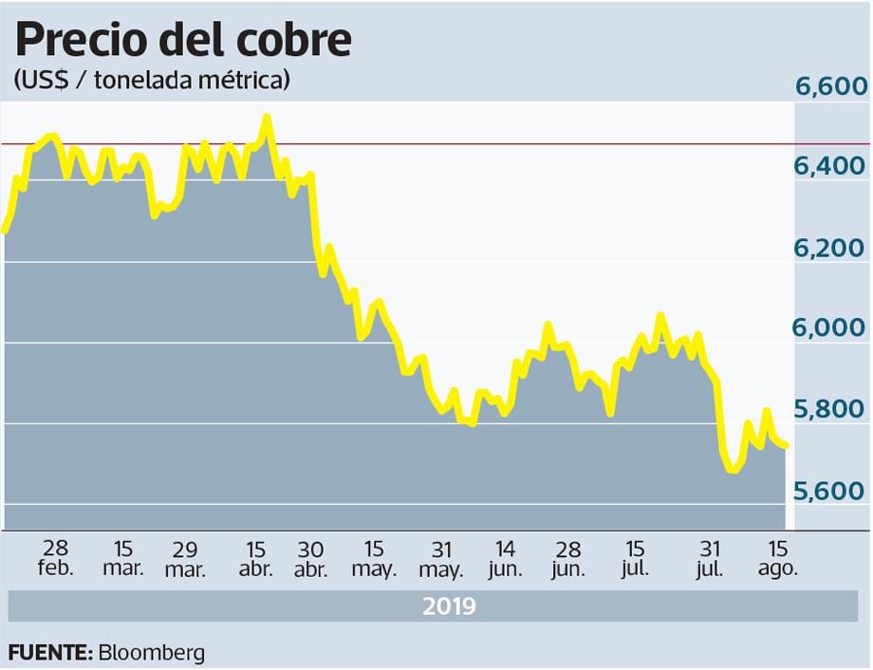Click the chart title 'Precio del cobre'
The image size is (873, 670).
point(183,40)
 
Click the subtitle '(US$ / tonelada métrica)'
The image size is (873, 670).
point(152,82)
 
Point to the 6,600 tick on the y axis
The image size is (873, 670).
point(831,87)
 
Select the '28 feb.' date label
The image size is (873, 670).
point(56,559)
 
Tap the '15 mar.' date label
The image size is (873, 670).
point(123,559)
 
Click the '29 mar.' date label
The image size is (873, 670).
point(186,559)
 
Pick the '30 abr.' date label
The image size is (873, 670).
point(310,559)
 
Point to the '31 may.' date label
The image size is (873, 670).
point(440,559)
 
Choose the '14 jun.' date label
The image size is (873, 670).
point(506,559)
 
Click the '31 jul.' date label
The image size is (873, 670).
point(709,559)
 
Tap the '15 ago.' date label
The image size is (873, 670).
point(778,559)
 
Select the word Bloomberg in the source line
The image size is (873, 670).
point(150,653)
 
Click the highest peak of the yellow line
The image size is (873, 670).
point(267,118)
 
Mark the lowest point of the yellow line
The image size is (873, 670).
point(733,470)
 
